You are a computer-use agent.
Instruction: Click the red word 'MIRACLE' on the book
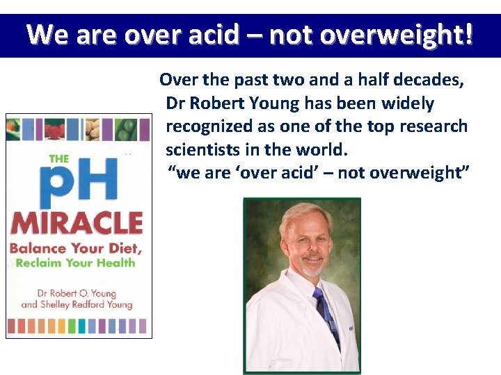pyautogui.click(x=77, y=224)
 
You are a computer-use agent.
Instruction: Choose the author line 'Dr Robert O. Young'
pyautogui.click(x=77, y=293)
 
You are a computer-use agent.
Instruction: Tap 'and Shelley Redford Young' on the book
pyautogui.click(x=77, y=305)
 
